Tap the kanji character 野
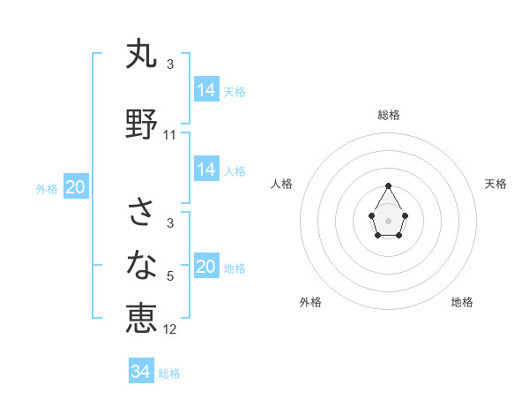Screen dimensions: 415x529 tap(141, 124)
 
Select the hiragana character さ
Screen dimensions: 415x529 tap(141, 213)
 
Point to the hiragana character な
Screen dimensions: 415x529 tap(141, 265)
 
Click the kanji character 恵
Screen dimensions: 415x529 tap(141, 318)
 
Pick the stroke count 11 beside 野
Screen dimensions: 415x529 tap(170, 135)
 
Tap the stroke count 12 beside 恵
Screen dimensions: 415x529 tap(170, 329)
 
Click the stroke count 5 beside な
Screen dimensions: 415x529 tap(170, 276)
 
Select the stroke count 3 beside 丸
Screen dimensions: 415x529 tap(170, 64)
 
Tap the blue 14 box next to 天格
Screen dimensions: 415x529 tap(206, 89)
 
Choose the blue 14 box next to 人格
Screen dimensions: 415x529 tap(206, 170)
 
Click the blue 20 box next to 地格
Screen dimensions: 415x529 tap(206, 267)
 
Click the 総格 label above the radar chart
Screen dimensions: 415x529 tap(388, 115)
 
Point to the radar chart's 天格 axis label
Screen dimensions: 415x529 tap(495, 184)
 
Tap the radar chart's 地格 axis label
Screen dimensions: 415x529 tap(462, 302)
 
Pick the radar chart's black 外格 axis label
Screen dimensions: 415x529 tap(310, 302)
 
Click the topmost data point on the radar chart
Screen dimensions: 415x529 tap(388, 185)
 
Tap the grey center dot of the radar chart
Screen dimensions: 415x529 tap(388, 220)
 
